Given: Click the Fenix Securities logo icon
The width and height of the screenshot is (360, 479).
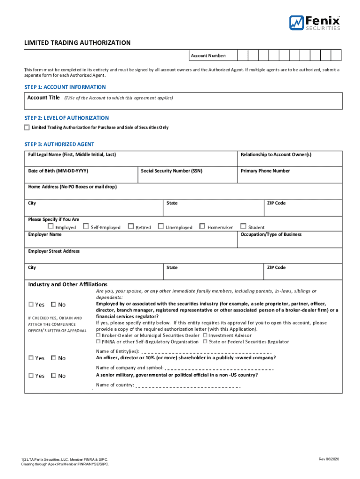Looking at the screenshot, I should (296, 22).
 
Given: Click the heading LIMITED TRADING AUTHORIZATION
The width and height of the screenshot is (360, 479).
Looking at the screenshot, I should (77, 43).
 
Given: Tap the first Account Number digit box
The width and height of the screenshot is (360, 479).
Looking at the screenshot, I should (243, 56).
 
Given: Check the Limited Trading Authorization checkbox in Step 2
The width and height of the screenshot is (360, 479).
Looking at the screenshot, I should (27, 127).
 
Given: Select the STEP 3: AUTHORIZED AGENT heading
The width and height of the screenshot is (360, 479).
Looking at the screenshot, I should (59, 144).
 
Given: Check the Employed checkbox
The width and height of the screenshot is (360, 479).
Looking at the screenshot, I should (50, 227).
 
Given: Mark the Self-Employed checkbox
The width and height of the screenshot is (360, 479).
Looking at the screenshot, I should (86, 227).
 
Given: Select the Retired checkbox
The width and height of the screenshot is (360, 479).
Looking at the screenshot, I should (131, 227).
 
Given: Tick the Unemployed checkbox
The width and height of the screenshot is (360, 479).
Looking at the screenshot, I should (161, 227).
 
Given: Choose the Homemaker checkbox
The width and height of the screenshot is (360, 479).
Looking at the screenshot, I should (202, 227).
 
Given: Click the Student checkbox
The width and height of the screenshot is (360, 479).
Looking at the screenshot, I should (243, 227).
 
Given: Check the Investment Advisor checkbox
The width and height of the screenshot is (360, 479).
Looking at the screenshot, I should (205, 335).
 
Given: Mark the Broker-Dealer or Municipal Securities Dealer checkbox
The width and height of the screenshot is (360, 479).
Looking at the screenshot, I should (98, 335).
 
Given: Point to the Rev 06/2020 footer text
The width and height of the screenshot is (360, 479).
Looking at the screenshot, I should (329, 459).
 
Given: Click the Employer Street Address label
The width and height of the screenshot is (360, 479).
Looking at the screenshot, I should (54, 251).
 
